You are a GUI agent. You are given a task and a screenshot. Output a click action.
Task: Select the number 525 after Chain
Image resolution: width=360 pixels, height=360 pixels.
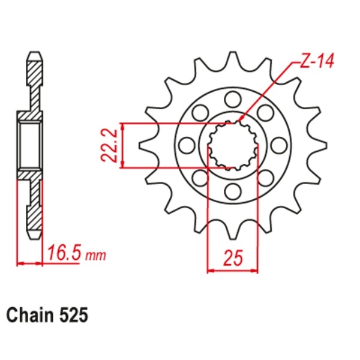[x=74, y=316]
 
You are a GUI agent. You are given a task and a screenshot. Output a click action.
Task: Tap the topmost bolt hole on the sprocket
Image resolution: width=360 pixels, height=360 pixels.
[x=233, y=99]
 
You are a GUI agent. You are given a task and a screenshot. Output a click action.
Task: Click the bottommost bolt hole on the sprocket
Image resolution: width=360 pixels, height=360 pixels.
[x=233, y=191]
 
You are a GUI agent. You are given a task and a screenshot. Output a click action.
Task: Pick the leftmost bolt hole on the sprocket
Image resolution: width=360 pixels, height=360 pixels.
[x=187, y=145]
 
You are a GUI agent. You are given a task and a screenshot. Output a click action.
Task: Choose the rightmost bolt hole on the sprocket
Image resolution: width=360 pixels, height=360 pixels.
[x=279, y=145]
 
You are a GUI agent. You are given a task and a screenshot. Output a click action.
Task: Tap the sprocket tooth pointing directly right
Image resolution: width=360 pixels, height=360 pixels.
[x=318, y=145]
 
